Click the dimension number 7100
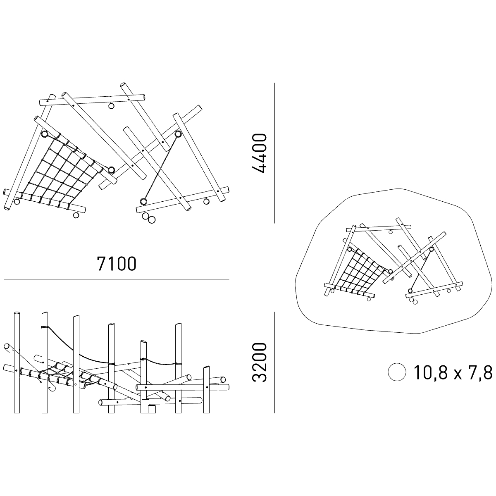(x=116, y=264)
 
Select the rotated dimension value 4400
(x=259, y=153)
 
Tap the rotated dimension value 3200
(x=259, y=362)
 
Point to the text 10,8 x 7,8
(x=453, y=372)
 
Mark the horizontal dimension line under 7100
(x=116, y=279)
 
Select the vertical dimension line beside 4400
(x=274, y=153)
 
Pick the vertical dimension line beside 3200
(x=274, y=362)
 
